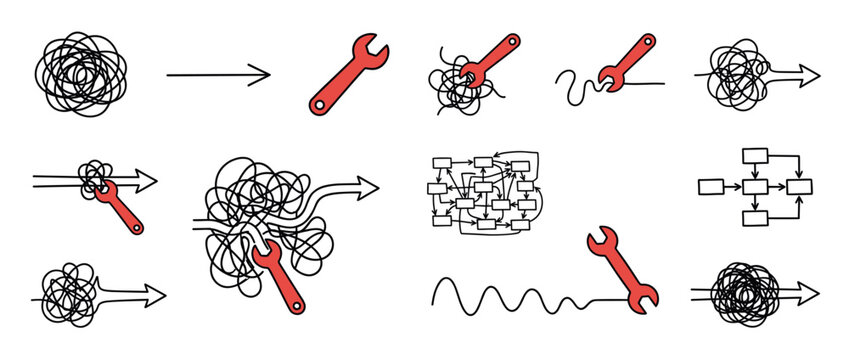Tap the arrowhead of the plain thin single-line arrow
tap(262, 74)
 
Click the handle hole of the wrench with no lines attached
tap(318, 101)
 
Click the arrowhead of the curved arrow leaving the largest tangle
tap(367, 186)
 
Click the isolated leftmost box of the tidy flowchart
tap(710, 186)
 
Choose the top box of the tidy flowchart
tap(754, 155)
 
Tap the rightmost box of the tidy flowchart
tap(799, 186)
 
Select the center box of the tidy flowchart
tap(754, 186)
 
